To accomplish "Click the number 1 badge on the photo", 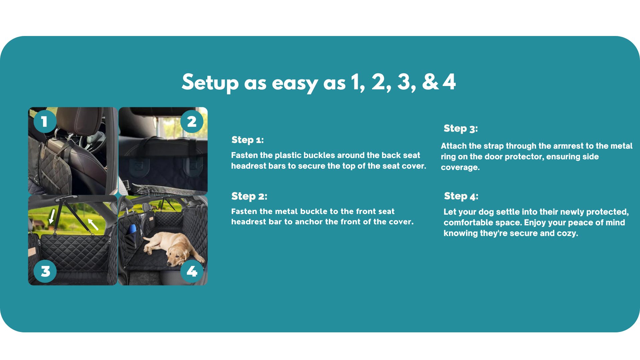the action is [45, 121].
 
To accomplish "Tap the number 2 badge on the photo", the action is [192, 121].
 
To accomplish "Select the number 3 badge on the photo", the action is [45, 271].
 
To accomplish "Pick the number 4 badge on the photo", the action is [192, 271].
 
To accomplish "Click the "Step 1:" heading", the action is [248, 140].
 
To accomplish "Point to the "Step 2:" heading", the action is [249, 196].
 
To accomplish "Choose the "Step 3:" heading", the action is [461, 129].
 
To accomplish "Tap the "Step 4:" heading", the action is [461, 196].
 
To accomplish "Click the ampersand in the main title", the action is [430, 82].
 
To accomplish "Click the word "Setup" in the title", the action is [210, 83].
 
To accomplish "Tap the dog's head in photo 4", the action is [177, 255].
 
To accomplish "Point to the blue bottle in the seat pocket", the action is [133, 229].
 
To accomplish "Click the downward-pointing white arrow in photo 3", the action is [52, 216].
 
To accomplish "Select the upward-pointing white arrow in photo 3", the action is [93, 224].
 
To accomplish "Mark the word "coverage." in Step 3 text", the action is [460, 167].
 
